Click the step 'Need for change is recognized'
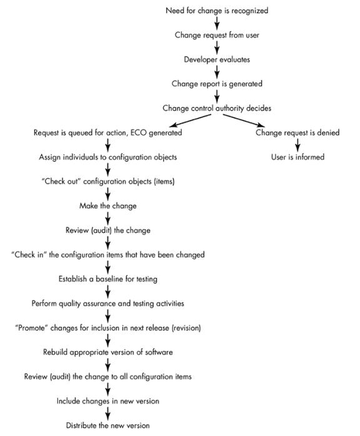217,11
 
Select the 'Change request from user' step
217,35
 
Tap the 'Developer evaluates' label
217,59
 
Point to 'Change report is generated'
217,84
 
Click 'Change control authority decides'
217,108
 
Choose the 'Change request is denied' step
297,132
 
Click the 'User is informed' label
297,157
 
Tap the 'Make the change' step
108,206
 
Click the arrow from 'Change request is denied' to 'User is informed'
297,144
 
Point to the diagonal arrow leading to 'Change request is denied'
243,121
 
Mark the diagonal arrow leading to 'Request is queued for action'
190,121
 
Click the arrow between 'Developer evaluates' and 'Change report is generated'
217,72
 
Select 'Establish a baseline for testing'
108,279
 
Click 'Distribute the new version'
108,425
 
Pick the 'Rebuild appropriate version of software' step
108,352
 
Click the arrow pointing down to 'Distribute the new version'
108,413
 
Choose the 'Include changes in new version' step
108,401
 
